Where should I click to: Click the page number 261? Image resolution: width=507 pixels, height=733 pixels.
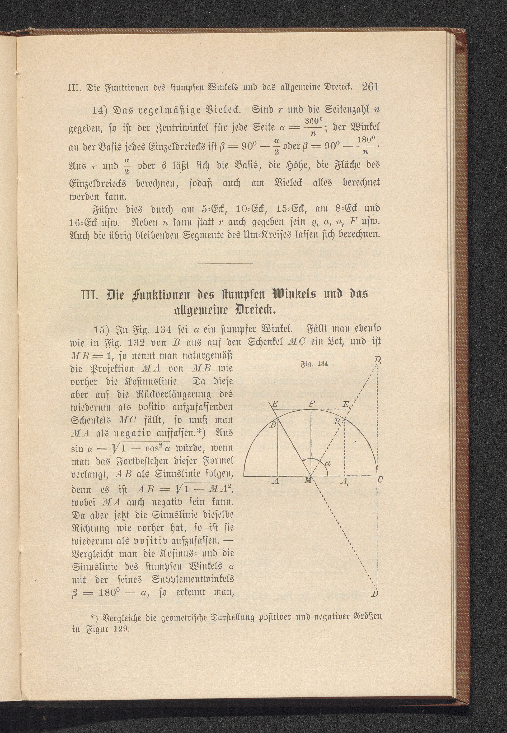370,87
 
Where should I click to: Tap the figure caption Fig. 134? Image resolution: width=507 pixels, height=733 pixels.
314,363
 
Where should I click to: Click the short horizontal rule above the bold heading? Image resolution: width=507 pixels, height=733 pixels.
225,263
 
